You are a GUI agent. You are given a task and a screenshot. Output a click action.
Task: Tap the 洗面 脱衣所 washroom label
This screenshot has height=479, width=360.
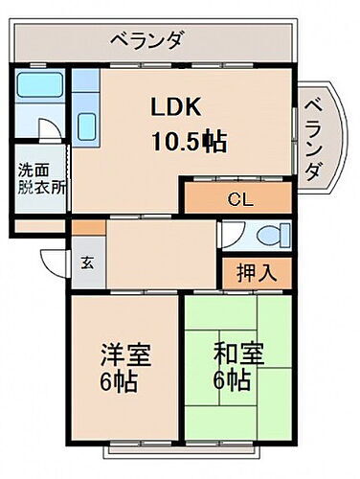point(41,180)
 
